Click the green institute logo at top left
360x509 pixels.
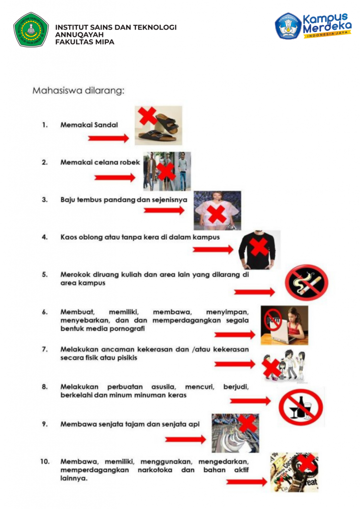[x=31, y=29]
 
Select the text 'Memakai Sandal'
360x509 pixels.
[x=89, y=125]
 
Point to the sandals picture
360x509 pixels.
[x=158, y=125]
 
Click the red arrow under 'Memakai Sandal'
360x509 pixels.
[x=108, y=139]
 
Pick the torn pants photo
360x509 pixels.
[x=167, y=171]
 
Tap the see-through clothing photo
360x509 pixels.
[x=217, y=210]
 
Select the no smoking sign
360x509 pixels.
[x=306, y=282]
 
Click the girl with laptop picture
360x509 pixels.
[x=284, y=325]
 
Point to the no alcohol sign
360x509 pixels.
[x=300, y=406]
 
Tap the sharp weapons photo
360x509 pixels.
[x=235, y=433]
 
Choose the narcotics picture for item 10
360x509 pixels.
[x=294, y=472]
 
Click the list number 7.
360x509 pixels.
[x=45, y=349]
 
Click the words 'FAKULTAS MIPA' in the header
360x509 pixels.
[x=85, y=42]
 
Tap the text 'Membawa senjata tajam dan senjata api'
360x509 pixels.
[x=130, y=424]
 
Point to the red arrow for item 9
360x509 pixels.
[x=185, y=439]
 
